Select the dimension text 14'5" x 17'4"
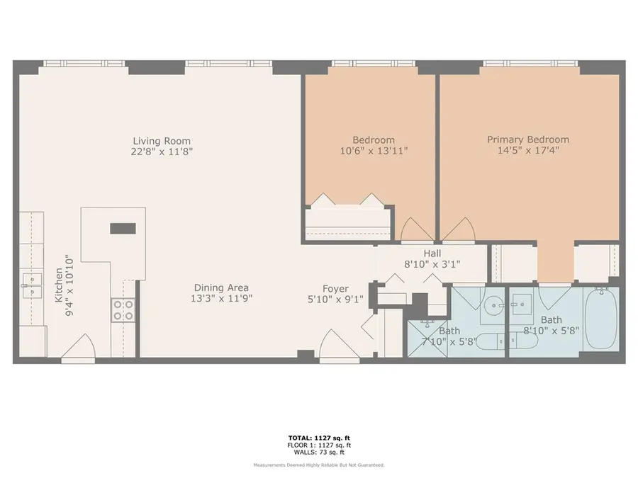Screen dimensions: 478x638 (527, 151)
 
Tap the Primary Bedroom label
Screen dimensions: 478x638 (527, 140)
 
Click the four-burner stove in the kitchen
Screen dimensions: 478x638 (123, 309)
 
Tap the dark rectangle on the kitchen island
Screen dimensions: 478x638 (122, 228)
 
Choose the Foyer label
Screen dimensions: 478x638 (335, 288)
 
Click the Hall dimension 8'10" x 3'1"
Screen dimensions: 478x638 (432, 264)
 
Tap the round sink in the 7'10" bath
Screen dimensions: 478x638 (491, 305)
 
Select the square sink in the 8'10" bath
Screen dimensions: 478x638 (523, 303)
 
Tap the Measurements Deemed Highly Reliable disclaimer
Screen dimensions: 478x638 (318, 465)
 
